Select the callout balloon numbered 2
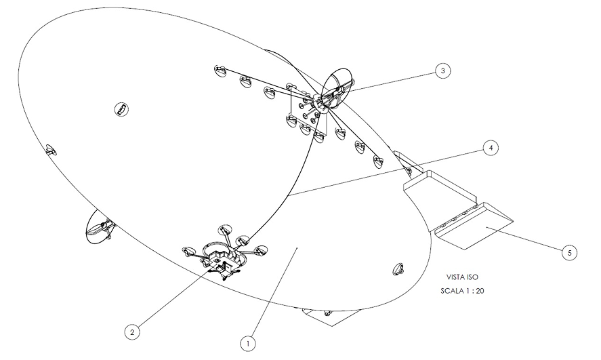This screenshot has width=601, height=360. tap(133, 332)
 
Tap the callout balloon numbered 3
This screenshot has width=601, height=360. tap(442, 70)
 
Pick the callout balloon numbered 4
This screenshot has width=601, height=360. tap(489, 148)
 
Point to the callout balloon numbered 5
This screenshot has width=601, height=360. tap(570, 252)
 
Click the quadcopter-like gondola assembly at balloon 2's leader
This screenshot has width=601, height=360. tap(224, 255)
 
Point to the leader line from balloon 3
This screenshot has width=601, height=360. tap(390, 80)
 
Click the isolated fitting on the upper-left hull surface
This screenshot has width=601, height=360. tap(121, 108)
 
